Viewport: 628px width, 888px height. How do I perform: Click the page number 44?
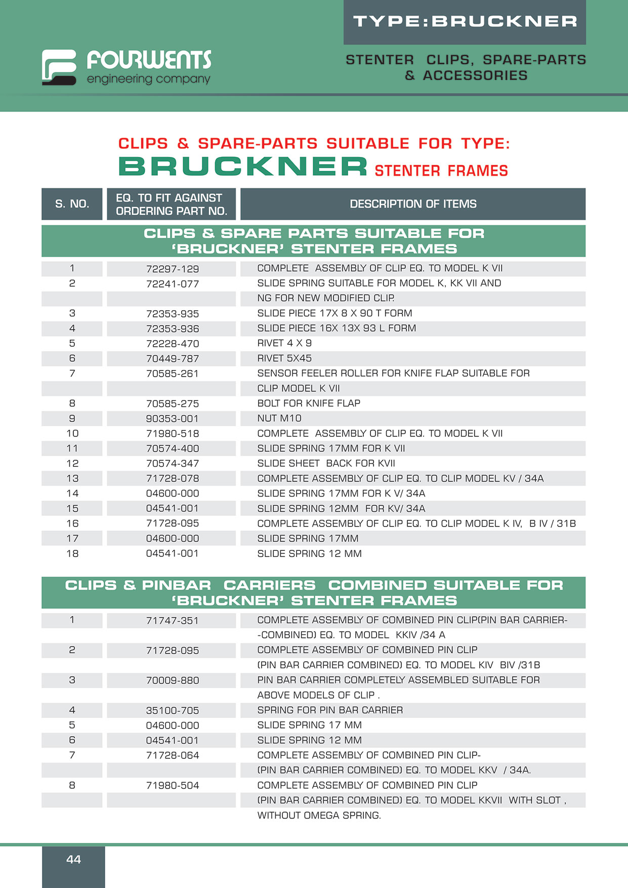(73, 859)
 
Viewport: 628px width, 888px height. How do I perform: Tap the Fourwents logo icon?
(59, 67)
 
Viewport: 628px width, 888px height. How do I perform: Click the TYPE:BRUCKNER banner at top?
(465, 21)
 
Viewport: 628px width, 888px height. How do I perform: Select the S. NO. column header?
(72, 204)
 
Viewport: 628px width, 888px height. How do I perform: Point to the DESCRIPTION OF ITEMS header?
(413, 204)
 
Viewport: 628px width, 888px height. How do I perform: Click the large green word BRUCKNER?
(243, 167)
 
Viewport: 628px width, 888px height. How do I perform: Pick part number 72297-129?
(172, 269)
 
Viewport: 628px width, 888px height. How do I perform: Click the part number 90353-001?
(172, 419)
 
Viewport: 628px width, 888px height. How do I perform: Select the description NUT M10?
(279, 418)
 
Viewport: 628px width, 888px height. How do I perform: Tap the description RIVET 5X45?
(284, 358)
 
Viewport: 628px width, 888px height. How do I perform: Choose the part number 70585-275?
(172, 403)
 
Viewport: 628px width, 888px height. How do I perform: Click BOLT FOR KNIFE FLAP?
(309, 403)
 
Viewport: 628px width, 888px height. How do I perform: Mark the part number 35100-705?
(172, 710)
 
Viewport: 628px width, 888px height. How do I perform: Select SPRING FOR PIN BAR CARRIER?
(330, 710)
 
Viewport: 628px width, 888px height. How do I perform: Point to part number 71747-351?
(172, 620)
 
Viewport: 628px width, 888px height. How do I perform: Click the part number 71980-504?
(172, 785)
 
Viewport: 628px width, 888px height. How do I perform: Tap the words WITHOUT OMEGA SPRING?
(319, 816)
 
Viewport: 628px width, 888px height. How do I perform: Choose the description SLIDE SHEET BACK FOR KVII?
(326, 463)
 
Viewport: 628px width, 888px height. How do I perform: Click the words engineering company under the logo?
(148, 79)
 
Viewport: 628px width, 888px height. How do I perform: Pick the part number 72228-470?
(172, 344)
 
